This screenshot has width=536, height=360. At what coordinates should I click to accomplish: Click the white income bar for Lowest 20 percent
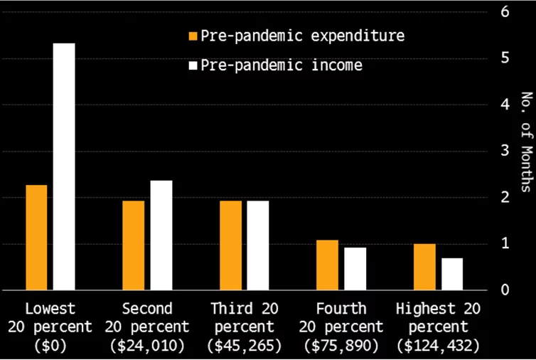tap(64, 166)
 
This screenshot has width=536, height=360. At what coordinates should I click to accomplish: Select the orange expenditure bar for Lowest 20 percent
tap(36, 238)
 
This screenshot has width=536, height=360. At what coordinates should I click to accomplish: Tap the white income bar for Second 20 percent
tap(161, 235)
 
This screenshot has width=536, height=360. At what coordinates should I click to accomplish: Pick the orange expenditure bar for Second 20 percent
tap(134, 245)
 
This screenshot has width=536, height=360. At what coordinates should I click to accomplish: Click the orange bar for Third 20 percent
tap(231, 245)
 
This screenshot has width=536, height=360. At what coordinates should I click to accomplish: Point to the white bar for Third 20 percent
tap(258, 245)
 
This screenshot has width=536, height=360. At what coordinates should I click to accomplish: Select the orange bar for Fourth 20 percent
tap(328, 265)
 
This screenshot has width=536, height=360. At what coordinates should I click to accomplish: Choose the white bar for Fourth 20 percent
tap(355, 269)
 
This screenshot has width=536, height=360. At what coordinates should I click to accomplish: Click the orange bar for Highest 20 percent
tap(424, 267)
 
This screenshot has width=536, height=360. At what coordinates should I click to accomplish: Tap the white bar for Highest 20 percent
tap(452, 274)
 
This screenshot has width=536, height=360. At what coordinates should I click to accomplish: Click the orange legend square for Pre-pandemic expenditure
tap(193, 36)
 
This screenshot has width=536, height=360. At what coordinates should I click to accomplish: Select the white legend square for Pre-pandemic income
tap(193, 65)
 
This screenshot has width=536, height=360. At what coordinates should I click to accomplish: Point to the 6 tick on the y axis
tap(505, 12)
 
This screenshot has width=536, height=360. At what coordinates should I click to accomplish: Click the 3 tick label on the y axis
tap(505, 151)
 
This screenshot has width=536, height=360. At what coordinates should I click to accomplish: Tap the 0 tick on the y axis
tap(505, 290)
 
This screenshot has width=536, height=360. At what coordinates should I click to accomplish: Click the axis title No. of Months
tap(527, 142)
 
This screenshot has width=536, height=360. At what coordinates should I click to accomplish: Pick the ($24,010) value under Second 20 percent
tap(147, 346)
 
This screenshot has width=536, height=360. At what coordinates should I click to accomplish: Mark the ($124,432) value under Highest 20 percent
tap(439, 346)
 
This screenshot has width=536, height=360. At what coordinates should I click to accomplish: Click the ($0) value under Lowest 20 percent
tap(50, 346)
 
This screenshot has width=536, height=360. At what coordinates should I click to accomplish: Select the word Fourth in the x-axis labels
tap(341, 309)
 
